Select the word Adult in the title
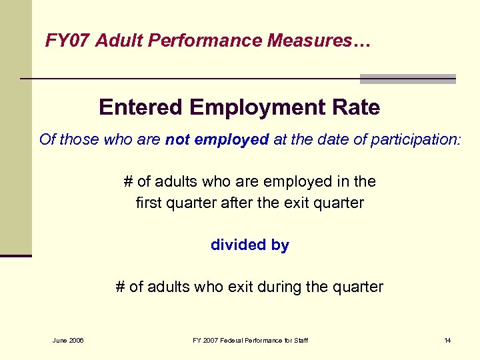pyautogui.click(x=119, y=41)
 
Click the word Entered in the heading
pyautogui.click(x=139, y=107)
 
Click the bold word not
pyautogui.click(x=177, y=139)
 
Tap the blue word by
pyautogui.click(x=281, y=245)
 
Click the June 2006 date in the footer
pyautogui.click(x=68, y=341)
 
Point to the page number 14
pyautogui.click(x=447, y=341)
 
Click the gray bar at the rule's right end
pyautogui.click(x=408, y=79)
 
